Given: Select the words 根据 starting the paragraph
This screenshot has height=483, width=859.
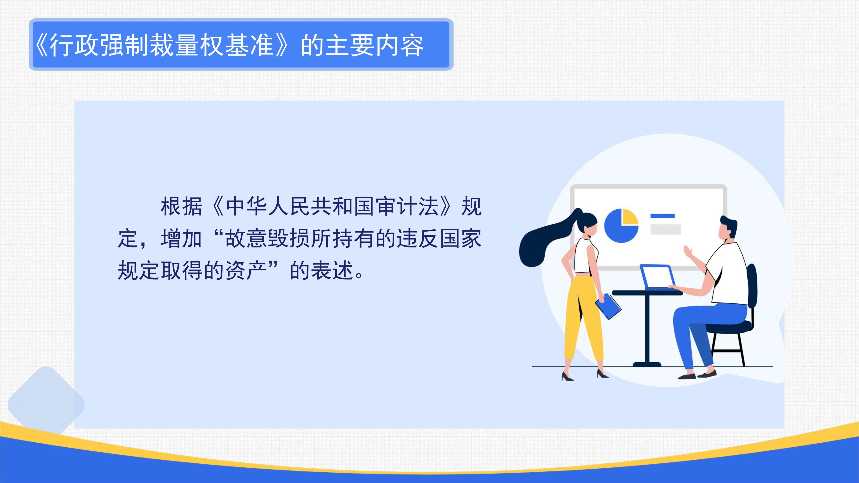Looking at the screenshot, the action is tap(181, 206).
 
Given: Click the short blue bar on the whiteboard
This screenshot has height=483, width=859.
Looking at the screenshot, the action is tap(662, 216).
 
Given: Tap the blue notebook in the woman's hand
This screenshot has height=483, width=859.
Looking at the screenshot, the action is tap(608, 306).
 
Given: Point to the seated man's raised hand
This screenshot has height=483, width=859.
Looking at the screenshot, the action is tap(688, 252).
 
